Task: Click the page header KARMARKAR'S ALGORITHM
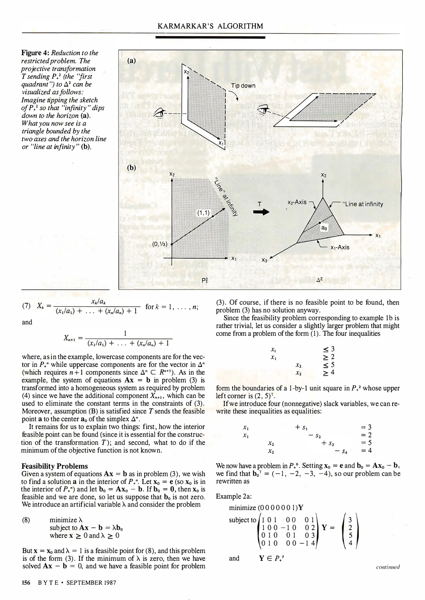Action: pos(210,26)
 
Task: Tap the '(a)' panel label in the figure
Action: pos(131,61)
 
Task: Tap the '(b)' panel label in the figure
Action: pos(131,167)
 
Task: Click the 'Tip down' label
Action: pos(243,86)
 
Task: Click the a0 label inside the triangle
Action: pos(324,228)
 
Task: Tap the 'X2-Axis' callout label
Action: pos(297,202)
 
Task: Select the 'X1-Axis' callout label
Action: pos(340,247)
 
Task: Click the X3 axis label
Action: pos(264,260)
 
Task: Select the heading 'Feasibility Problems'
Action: pos(54,466)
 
